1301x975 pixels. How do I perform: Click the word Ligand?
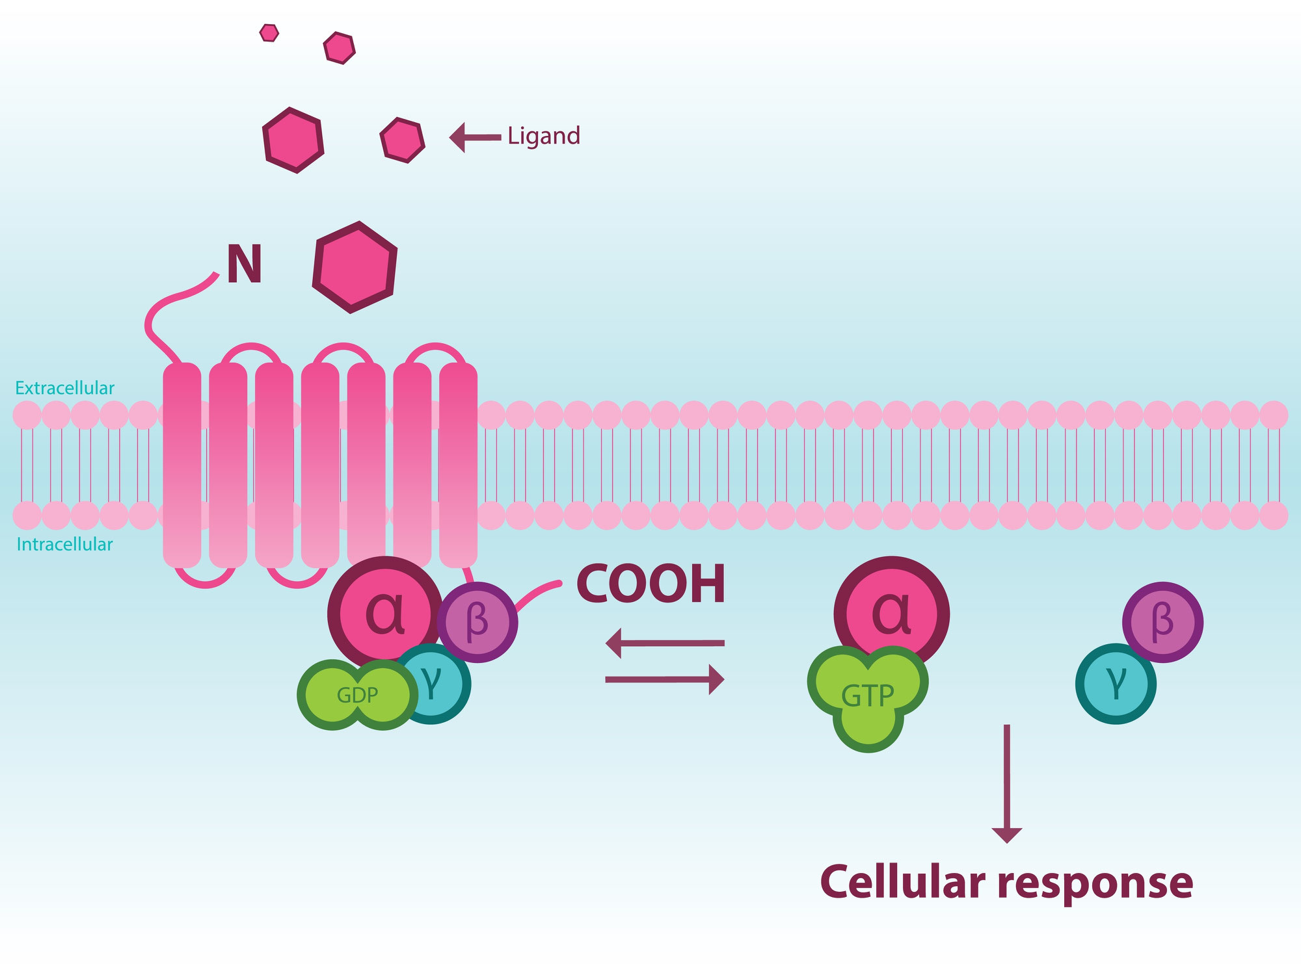click(544, 136)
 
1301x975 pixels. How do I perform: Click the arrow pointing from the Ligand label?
click(475, 137)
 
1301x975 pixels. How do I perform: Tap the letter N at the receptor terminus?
click(245, 265)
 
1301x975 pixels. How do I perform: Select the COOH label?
click(650, 584)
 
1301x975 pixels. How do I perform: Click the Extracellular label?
click(65, 388)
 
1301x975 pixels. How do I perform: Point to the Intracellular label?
click(65, 544)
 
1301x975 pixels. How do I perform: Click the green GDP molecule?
click(357, 695)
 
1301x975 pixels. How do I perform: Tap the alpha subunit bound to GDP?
click(384, 611)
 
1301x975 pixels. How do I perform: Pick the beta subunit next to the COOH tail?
click(478, 621)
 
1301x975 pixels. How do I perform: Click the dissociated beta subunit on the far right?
click(1162, 621)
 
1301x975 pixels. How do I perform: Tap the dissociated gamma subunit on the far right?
click(1116, 684)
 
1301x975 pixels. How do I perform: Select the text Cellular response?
click(1006, 883)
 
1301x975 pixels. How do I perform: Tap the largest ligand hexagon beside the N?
click(355, 267)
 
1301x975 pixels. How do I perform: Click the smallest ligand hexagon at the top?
click(269, 32)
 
